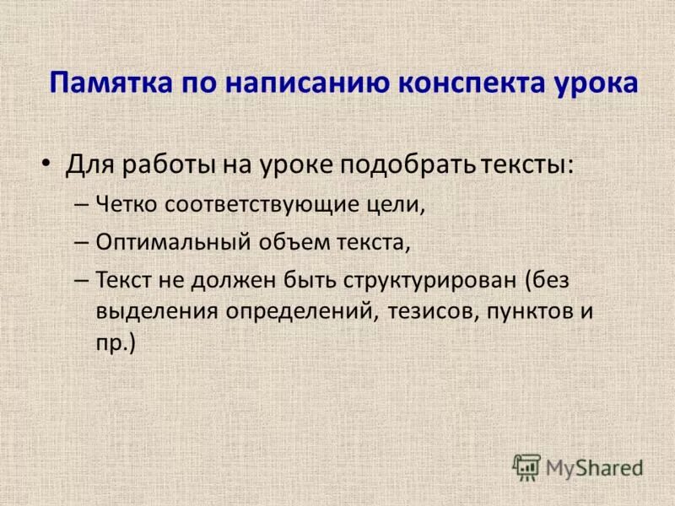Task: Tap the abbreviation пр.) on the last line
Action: tap(116, 342)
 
